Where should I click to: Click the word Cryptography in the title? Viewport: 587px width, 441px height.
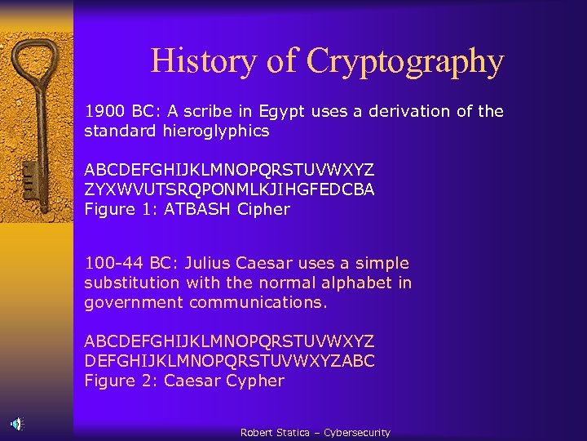point(405,61)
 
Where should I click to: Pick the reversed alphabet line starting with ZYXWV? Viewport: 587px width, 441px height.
point(229,189)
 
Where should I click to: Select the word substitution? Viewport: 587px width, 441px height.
point(131,283)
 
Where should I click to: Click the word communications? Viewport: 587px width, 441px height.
point(258,302)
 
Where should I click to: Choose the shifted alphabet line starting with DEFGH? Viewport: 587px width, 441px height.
point(229,361)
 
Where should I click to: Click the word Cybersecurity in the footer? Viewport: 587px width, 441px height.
point(356,433)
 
